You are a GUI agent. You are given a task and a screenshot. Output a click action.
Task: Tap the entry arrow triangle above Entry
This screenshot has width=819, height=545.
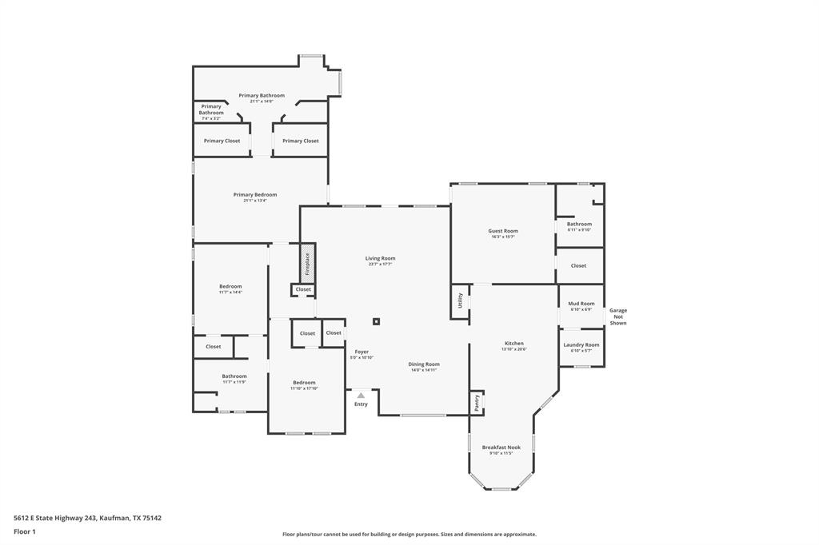361,395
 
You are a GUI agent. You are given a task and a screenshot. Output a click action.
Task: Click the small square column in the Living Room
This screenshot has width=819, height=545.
376,322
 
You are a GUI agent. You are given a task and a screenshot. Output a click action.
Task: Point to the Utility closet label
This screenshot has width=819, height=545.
460,300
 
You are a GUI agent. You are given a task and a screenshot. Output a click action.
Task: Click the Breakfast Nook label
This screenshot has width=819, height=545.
501,448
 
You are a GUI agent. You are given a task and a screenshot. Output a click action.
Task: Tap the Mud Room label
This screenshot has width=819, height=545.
581,304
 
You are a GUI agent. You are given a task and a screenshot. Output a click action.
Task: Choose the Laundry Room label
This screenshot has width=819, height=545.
581,344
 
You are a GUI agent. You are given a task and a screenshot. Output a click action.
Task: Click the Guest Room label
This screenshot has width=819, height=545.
503,231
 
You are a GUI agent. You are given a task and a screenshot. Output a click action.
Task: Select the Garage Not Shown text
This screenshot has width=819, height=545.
618,316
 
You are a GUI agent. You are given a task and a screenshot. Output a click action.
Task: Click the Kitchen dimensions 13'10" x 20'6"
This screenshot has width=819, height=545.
513,349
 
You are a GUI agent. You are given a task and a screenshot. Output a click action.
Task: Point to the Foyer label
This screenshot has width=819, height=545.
362,352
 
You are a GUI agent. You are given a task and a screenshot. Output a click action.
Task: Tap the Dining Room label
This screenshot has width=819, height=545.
425,364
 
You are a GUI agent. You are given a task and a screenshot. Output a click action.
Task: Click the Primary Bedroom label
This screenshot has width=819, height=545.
255,194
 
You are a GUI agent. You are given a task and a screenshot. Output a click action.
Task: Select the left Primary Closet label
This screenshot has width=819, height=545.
222,141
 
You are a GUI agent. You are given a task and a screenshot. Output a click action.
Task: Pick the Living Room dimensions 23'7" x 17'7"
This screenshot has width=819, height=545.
380,265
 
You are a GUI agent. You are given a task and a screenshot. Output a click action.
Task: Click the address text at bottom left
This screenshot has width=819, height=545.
87,518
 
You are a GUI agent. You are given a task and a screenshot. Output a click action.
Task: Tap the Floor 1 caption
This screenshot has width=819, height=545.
25,531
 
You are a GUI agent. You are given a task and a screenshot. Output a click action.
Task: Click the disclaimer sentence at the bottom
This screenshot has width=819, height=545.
409,535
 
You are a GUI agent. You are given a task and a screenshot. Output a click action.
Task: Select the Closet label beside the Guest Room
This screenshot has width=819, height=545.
578,265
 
